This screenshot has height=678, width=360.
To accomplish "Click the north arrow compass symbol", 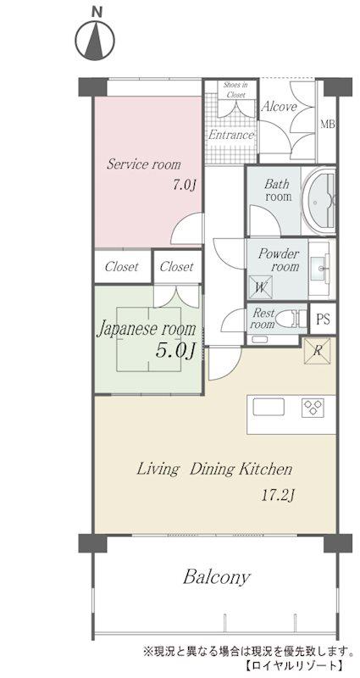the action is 95,42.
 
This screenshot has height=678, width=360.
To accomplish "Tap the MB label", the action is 328,125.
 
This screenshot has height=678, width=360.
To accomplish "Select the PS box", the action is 323,320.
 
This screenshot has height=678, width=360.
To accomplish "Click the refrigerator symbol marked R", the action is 317,351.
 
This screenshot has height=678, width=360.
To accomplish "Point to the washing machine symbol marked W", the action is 260,287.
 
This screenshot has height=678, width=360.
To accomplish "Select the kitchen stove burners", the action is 313,408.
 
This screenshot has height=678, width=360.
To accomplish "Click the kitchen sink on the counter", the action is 269,407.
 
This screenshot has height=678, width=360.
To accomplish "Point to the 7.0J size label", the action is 185,185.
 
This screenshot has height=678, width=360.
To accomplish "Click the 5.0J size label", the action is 174,350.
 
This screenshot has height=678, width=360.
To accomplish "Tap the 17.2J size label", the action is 278,495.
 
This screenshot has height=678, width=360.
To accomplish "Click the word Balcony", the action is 217,577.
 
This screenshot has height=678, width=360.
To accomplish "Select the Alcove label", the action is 280,107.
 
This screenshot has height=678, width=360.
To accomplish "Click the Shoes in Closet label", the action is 235,90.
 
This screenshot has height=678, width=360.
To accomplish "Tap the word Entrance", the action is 230,135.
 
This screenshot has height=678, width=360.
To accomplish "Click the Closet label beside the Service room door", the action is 176,266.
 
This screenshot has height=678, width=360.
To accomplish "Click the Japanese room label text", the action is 146,330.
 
